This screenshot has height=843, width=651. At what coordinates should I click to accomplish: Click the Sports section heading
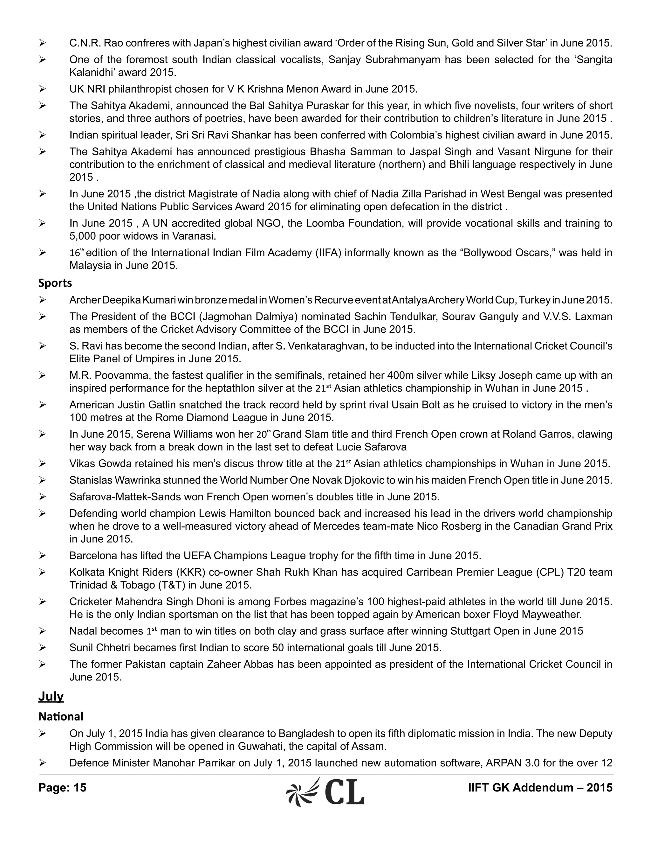[55, 283]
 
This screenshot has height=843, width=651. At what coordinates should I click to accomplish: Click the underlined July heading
[51, 696]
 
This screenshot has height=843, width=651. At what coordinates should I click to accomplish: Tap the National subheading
[60, 716]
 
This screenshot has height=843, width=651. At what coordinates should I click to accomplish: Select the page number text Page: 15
[62, 787]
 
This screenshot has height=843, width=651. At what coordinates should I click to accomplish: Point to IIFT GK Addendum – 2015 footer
[540, 787]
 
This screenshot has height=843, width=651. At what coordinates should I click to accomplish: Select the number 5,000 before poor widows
[82, 236]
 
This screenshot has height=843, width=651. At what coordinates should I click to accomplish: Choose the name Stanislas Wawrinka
[114, 480]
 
